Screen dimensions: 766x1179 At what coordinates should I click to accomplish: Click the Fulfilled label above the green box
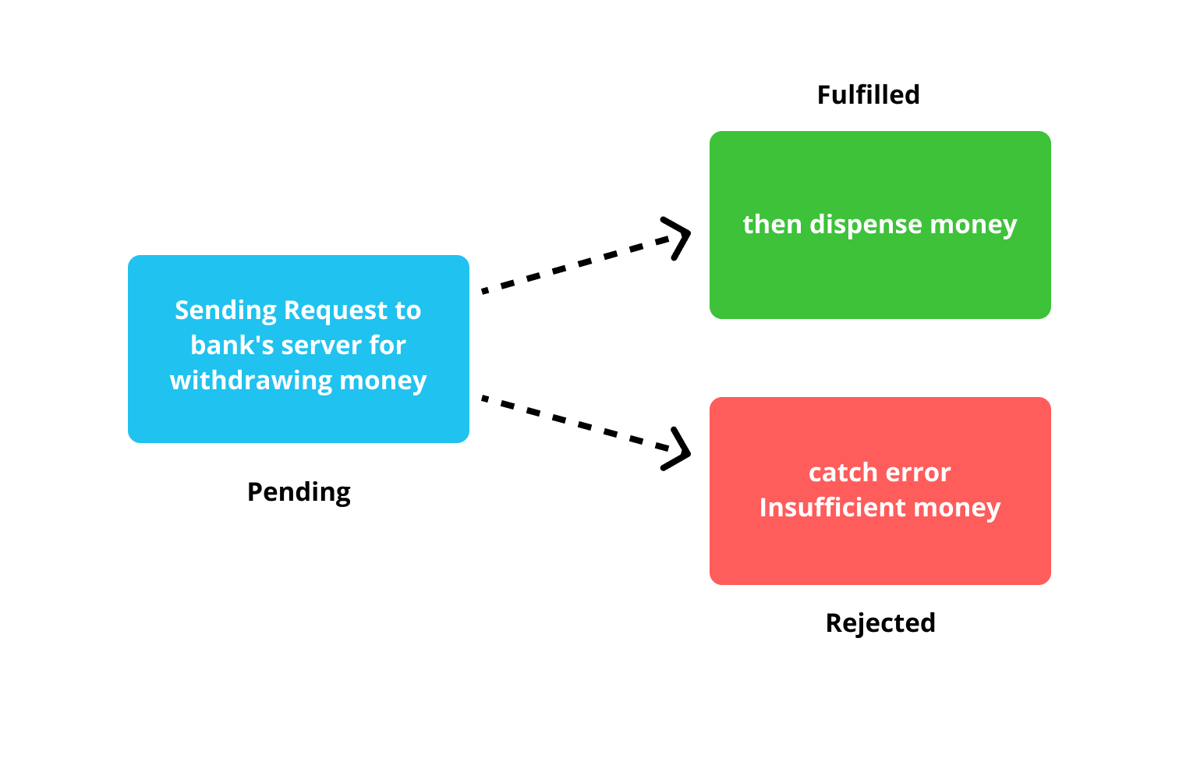tap(868, 95)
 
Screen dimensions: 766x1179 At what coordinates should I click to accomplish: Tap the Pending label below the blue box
tap(299, 492)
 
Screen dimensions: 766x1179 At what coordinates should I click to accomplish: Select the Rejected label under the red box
tap(880, 623)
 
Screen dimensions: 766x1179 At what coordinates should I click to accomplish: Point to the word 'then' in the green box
tap(772, 225)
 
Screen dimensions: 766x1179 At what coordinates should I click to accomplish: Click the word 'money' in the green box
tap(973, 225)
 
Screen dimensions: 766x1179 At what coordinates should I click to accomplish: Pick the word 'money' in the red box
tap(957, 508)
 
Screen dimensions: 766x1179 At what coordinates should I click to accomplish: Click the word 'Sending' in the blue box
tap(225, 310)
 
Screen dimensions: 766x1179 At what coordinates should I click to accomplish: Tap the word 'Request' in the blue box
tap(336, 310)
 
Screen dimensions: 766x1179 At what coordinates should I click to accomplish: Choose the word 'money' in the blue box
tap(384, 381)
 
